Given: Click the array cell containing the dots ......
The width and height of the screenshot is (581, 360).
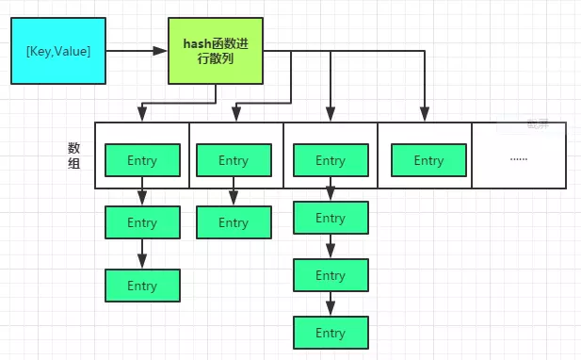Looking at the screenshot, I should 519,155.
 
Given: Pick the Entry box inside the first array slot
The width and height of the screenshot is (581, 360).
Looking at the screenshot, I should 141,160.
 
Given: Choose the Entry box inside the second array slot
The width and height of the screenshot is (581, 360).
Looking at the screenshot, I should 234,160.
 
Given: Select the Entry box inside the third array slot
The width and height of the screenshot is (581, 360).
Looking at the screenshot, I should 331,160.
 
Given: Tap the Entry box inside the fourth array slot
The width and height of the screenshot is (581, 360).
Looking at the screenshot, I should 428,160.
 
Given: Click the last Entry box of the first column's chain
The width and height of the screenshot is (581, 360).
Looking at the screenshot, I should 141,286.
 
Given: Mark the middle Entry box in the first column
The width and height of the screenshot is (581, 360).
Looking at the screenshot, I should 141,223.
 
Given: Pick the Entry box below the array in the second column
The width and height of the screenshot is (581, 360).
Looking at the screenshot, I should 234,223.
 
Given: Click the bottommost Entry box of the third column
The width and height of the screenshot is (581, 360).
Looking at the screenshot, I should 331,333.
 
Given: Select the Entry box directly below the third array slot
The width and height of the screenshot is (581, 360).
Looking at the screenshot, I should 331,218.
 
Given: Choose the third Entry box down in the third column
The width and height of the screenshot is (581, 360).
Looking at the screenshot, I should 331,275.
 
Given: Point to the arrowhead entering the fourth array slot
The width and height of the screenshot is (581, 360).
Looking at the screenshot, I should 425,116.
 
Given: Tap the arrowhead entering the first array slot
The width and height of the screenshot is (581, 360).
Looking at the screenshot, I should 141,116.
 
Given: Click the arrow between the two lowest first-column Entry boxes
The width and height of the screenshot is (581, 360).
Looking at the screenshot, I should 141,254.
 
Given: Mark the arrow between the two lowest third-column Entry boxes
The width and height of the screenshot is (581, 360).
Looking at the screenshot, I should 331,304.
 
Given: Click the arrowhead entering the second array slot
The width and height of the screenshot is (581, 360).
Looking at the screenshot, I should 234,116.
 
